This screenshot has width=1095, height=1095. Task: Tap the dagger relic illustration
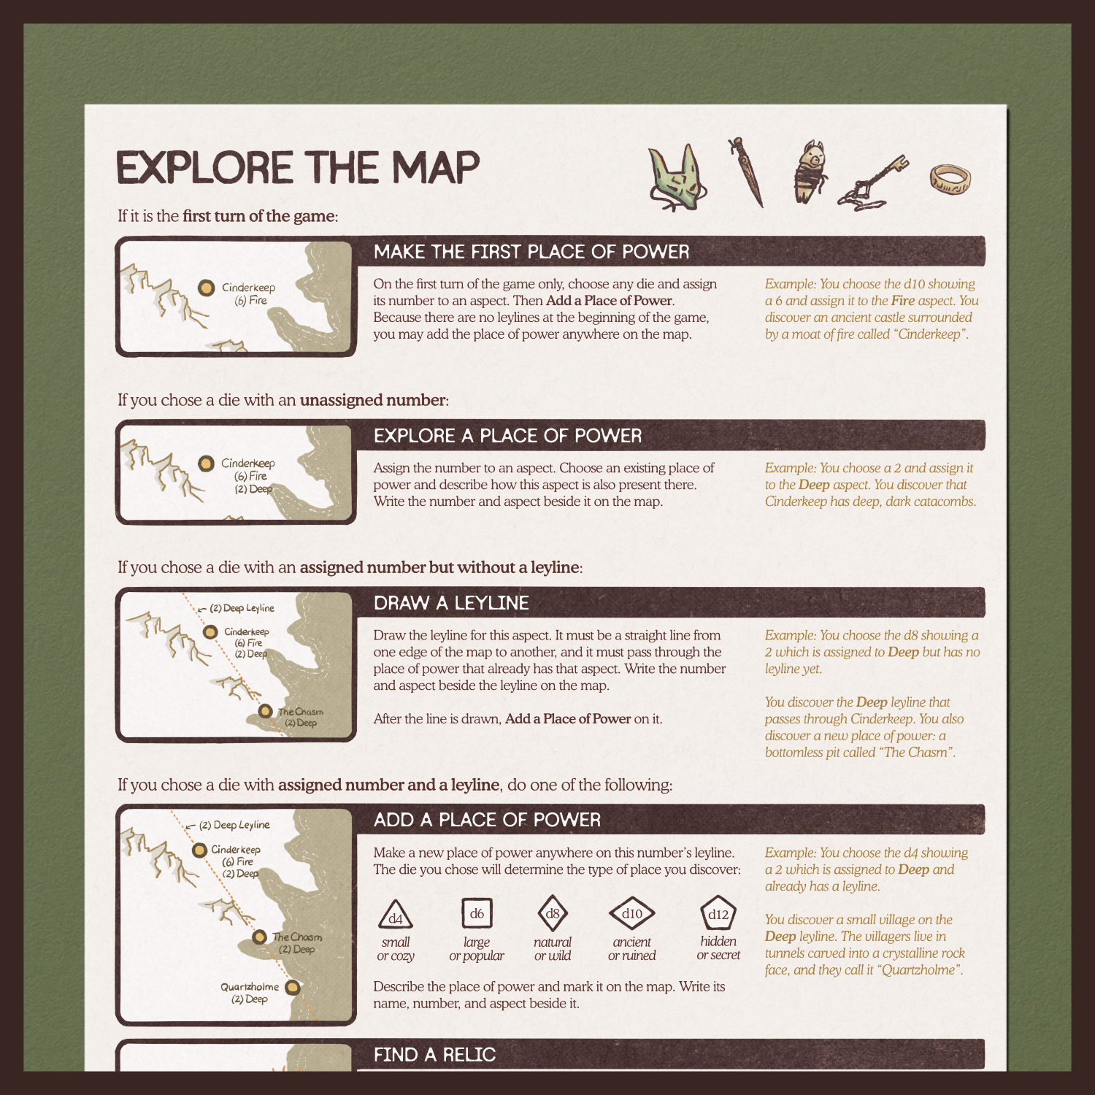pos(747,172)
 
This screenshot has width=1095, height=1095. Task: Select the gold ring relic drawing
pos(950,180)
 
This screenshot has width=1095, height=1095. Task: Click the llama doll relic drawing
pos(811,172)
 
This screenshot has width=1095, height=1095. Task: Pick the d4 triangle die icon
pos(396,914)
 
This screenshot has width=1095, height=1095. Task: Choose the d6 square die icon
pos(477,912)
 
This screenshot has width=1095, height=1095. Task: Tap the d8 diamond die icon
pos(553,912)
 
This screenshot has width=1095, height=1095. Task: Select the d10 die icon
pos(631,912)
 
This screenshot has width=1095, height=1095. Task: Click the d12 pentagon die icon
pos(718,913)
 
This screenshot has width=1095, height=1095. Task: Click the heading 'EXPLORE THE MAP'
pos(298,168)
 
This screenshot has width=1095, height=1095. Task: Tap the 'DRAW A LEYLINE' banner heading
pos(451,603)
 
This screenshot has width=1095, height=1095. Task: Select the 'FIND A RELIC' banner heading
pos(434,1055)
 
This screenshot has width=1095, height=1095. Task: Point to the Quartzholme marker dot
pos(292,988)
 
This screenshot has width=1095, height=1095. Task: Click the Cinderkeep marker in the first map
pos(206,288)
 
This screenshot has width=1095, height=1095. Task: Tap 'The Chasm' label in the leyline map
pos(300,712)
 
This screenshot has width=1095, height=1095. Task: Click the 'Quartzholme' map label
pos(250,987)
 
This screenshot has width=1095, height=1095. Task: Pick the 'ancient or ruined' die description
pos(631,949)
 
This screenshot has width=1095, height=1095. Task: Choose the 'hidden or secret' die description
pos(718,948)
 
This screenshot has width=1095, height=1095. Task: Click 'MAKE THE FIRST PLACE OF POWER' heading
pos(531,252)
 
